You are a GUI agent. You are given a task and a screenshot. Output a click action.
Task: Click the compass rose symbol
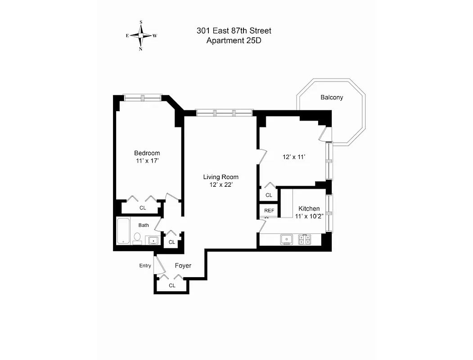pyautogui.click(x=141, y=35)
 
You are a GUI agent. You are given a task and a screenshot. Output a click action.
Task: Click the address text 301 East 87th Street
pyautogui.click(x=234, y=31)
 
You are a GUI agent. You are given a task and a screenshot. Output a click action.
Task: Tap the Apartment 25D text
pyautogui.click(x=234, y=40)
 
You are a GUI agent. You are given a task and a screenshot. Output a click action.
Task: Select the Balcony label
pyautogui.click(x=332, y=97)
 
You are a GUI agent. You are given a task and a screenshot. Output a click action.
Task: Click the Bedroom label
pyautogui.click(x=147, y=153)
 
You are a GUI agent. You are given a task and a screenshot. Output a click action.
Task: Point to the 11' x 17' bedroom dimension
pyautogui.click(x=147, y=161)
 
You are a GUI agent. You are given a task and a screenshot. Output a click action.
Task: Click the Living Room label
pyautogui.click(x=221, y=177)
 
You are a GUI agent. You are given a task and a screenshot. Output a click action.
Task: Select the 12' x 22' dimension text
pyautogui.click(x=221, y=184)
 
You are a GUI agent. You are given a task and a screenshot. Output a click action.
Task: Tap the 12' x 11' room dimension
pyautogui.click(x=294, y=157)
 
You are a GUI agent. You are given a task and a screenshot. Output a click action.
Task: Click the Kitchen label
pyautogui.click(x=309, y=209)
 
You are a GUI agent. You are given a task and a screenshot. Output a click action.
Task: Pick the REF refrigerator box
pyautogui.click(x=269, y=211)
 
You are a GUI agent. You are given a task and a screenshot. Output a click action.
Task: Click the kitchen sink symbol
pyautogui.click(x=287, y=239)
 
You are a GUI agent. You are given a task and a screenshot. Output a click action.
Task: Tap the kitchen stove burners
pyautogui.click(x=305, y=239)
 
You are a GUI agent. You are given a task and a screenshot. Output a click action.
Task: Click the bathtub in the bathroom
pyautogui.click(x=123, y=230)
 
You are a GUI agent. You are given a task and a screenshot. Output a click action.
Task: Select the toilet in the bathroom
pyautogui.click(x=137, y=238)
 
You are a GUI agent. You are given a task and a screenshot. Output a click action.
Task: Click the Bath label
pyautogui.click(x=144, y=225)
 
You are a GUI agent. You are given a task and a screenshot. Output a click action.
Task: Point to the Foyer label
pyautogui.click(x=183, y=266)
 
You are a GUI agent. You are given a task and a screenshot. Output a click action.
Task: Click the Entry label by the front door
pyautogui.click(x=145, y=265)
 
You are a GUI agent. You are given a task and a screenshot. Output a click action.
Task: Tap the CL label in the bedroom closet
pyautogui.click(x=143, y=208)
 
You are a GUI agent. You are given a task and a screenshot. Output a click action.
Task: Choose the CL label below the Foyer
pyautogui.click(x=172, y=285)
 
